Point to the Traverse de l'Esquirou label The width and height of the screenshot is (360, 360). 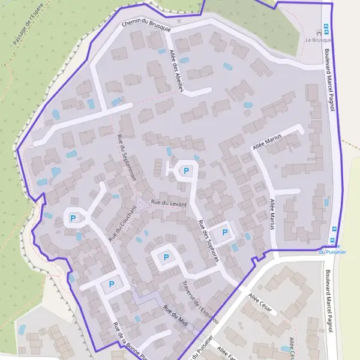[x=200, y=302]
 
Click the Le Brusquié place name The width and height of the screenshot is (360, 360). [x=319, y=40]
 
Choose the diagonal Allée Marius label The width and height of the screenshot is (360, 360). [x=267, y=142]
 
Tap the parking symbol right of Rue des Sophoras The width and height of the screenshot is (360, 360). [x=225, y=233]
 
